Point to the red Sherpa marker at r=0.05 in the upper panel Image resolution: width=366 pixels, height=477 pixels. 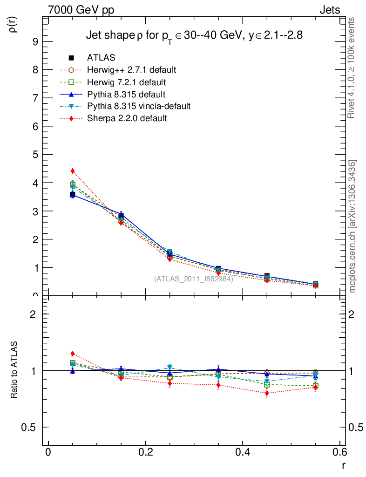73,171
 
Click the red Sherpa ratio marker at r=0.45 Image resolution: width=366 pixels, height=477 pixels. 267,393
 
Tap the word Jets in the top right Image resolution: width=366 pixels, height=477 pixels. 329,10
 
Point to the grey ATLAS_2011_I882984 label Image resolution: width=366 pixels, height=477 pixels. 193,279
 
